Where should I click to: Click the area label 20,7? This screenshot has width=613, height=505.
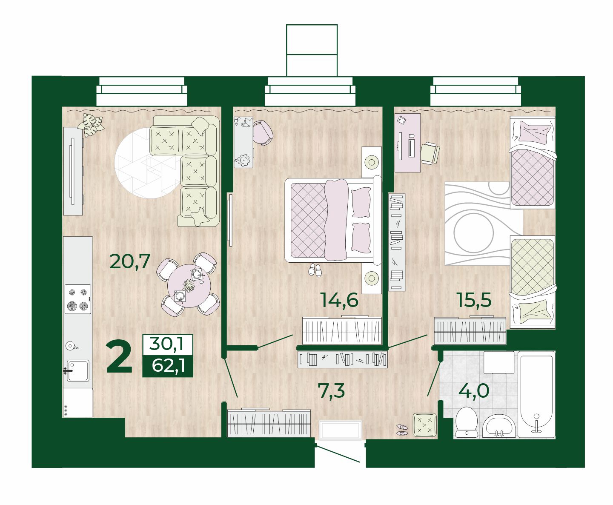pyautogui.click(x=130, y=261)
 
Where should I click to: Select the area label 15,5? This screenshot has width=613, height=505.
pyautogui.click(x=474, y=300)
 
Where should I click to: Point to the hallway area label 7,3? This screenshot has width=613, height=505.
pyautogui.click(x=332, y=391)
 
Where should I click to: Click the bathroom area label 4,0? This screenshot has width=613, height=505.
pyautogui.click(x=474, y=391)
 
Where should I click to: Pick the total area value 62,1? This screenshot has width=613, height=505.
pyautogui.click(x=168, y=365)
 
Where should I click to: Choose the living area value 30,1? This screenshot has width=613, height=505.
pyautogui.click(x=166, y=344)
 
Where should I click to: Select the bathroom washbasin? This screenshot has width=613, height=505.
pyautogui.click(x=498, y=426)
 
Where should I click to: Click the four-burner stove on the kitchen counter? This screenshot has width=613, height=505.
pyautogui.click(x=78, y=299)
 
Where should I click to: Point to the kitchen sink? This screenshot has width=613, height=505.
pyautogui.click(x=78, y=371)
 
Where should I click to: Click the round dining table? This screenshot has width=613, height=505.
pyautogui.click(x=189, y=286)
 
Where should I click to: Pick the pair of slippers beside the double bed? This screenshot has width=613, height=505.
pyautogui.click(x=315, y=270)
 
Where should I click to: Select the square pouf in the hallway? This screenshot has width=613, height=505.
pyautogui.click(x=424, y=425)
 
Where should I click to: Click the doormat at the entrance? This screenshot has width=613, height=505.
pyautogui.click(x=341, y=430)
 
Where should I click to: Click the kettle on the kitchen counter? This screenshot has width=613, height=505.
pyautogui.click(x=71, y=346)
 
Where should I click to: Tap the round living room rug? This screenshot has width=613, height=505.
pyautogui.click(x=147, y=163)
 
